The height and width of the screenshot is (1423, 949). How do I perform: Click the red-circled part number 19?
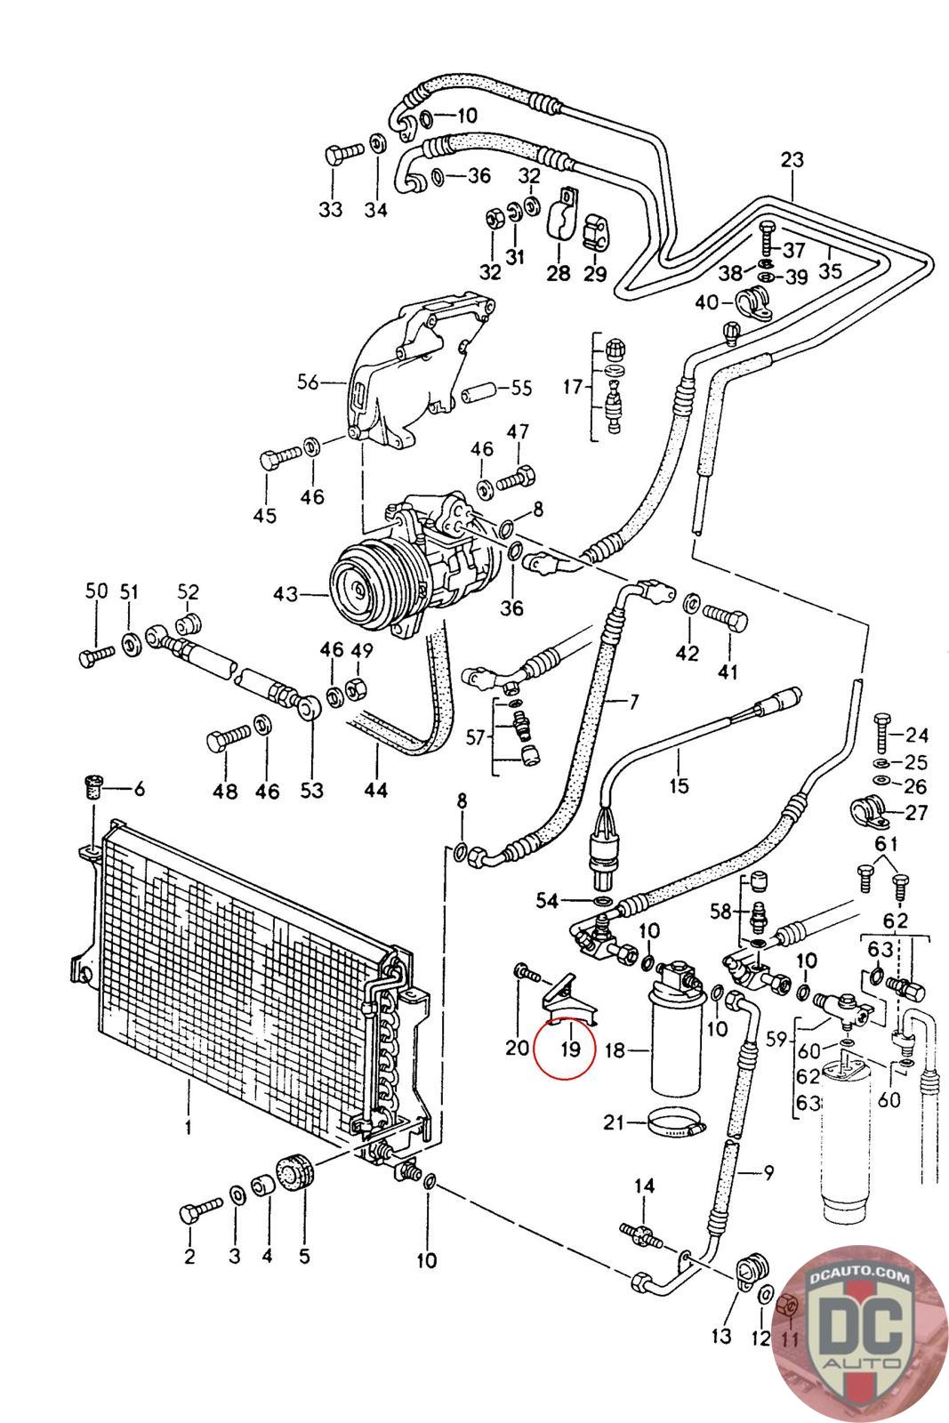tap(571, 1049)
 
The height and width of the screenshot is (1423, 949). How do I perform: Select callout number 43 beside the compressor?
tap(286, 594)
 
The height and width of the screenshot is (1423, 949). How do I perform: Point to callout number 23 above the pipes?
tap(792, 159)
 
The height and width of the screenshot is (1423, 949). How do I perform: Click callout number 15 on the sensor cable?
tap(679, 786)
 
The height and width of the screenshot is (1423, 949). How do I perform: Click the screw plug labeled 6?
tap(93, 788)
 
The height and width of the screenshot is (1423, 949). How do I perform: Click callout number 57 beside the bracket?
tap(475, 737)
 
